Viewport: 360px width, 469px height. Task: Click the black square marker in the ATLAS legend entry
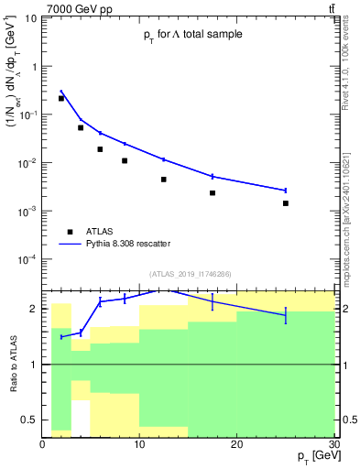[68, 232]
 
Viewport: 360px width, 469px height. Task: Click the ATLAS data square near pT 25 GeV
[286, 203]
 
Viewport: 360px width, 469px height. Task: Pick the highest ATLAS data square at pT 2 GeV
[61, 98]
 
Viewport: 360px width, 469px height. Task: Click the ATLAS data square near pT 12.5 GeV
[164, 180]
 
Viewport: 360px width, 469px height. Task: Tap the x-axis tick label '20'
[236, 444]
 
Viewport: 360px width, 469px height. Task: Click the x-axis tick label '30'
[333, 444]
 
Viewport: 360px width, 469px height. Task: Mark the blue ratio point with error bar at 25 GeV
[286, 316]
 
